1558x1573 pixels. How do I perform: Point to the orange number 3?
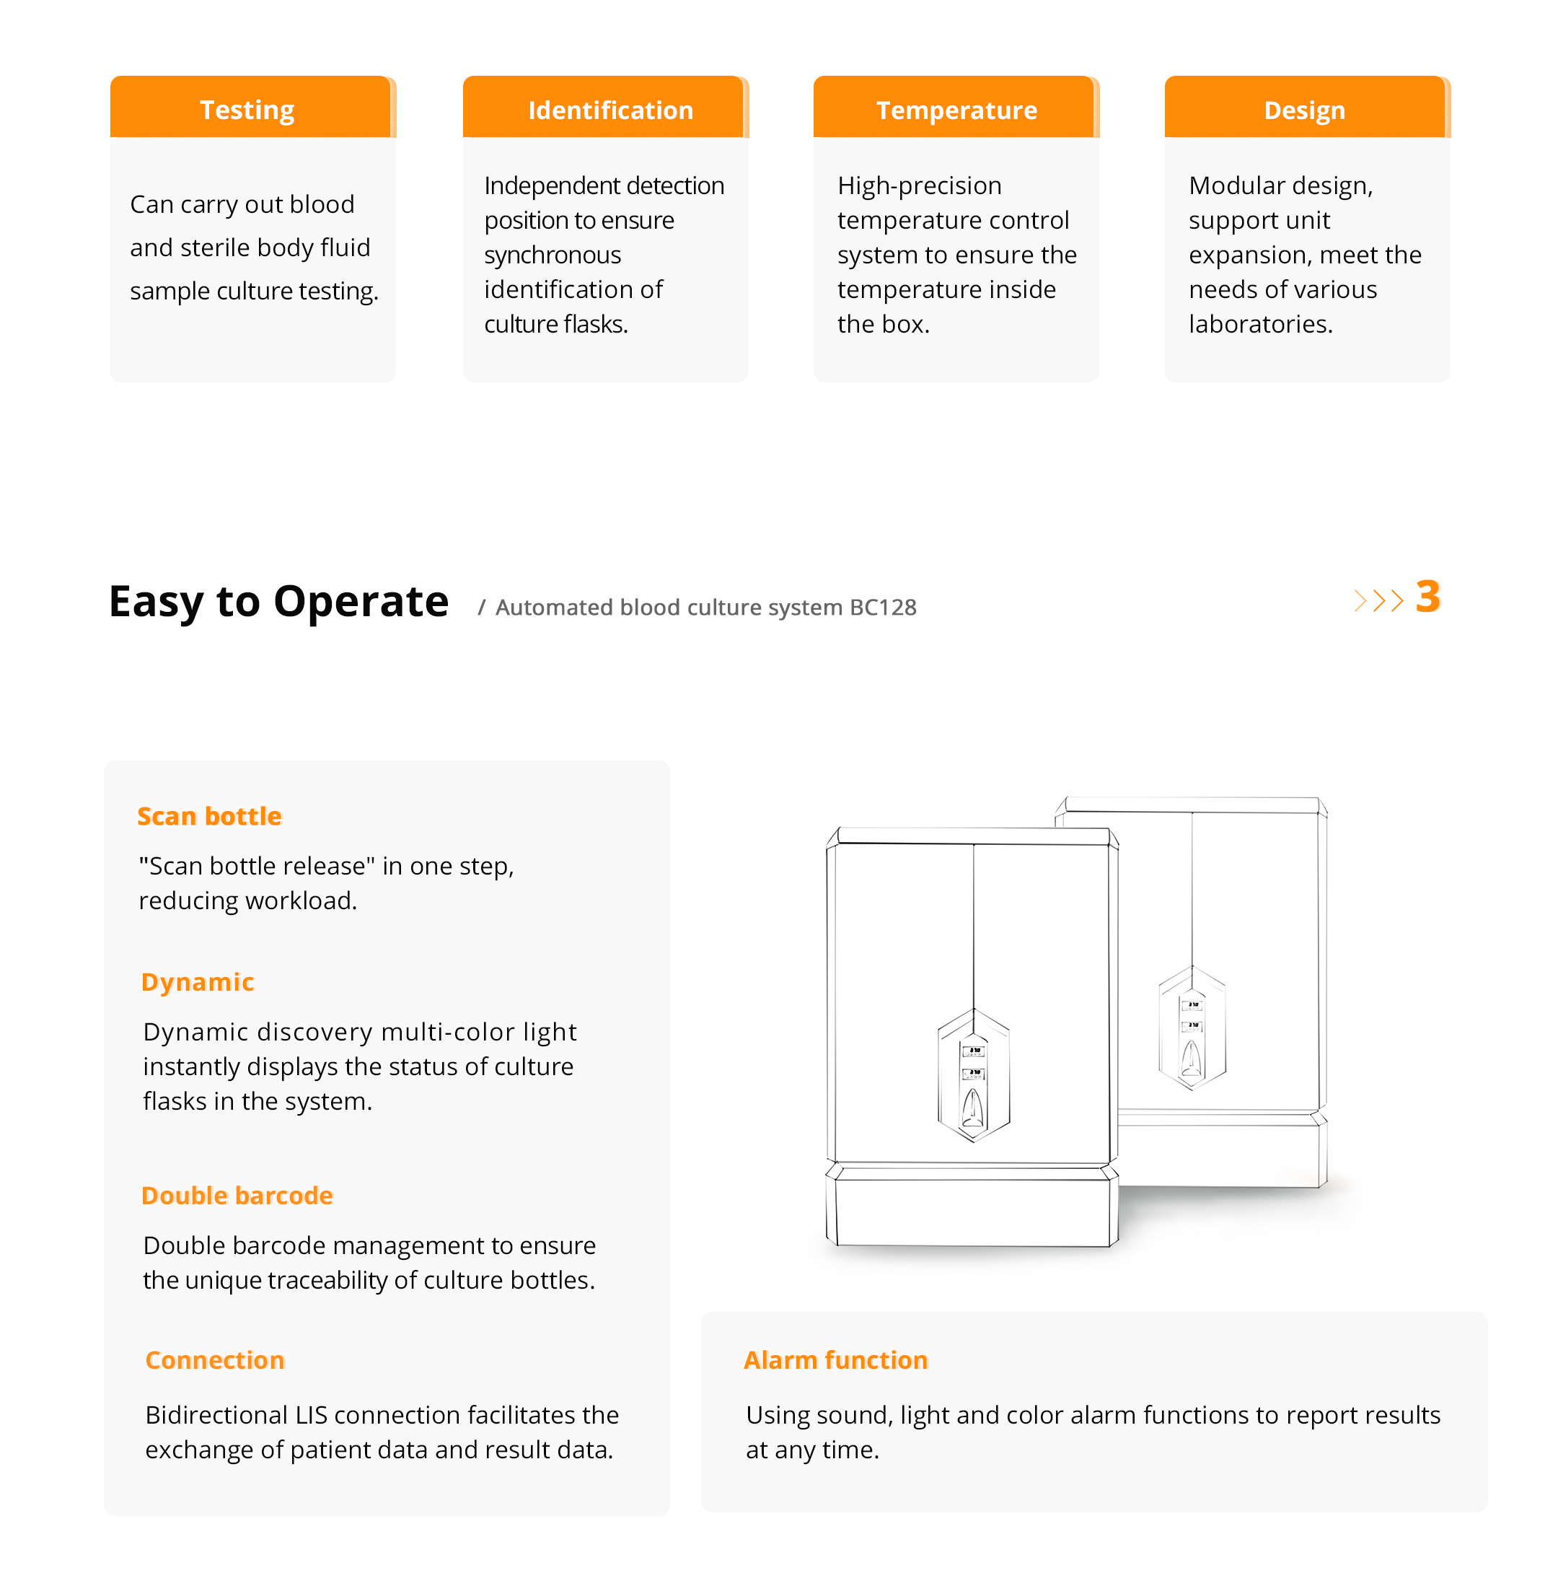tap(1427, 597)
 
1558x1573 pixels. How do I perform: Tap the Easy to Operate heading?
tap(278, 602)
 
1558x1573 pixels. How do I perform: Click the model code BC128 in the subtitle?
tap(882, 608)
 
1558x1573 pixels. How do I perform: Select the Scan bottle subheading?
tap(209, 816)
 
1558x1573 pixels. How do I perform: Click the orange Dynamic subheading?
tap(198, 982)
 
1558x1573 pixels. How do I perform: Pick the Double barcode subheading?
tap(237, 1195)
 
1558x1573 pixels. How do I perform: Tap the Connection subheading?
tap(215, 1359)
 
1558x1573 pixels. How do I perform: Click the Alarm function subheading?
tap(835, 1359)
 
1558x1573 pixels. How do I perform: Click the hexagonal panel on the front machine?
tap(974, 1074)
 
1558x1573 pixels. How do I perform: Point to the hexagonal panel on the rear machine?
tap(1192, 1028)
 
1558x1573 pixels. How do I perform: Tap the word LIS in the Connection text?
tap(311, 1415)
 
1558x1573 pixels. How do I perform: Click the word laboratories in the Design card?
tap(1260, 324)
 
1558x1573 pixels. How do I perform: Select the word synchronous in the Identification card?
tap(553, 255)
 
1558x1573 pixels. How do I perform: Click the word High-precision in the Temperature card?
tap(919, 185)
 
